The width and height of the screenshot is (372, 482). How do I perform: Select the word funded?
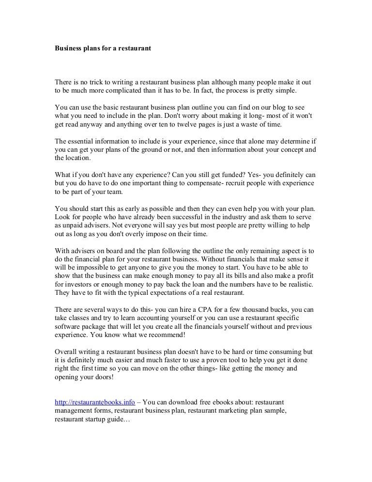click(x=248, y=175)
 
